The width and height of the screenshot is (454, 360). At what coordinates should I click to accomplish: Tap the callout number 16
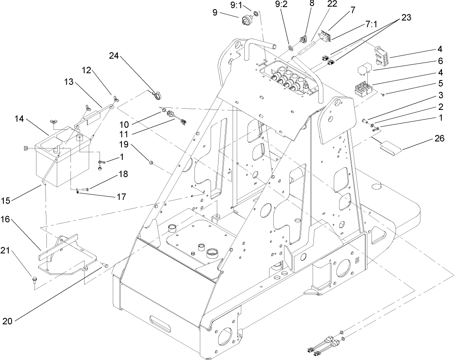(x=12, y=219)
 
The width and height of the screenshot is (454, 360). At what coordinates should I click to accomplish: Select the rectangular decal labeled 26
(x=391, y=147)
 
